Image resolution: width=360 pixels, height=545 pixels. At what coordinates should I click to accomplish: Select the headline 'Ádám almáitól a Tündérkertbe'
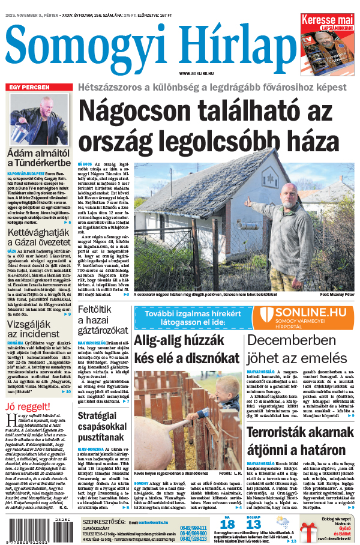click(x=38, y=161)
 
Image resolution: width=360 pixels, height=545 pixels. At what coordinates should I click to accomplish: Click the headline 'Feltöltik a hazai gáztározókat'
click(x=102, y=321)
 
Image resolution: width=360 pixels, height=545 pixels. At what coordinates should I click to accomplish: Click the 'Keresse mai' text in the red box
click(x=327, y=20)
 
